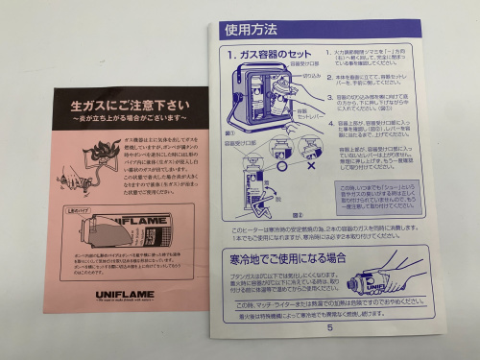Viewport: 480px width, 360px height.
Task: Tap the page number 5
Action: pyautogui.click(x=329, y=325)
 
